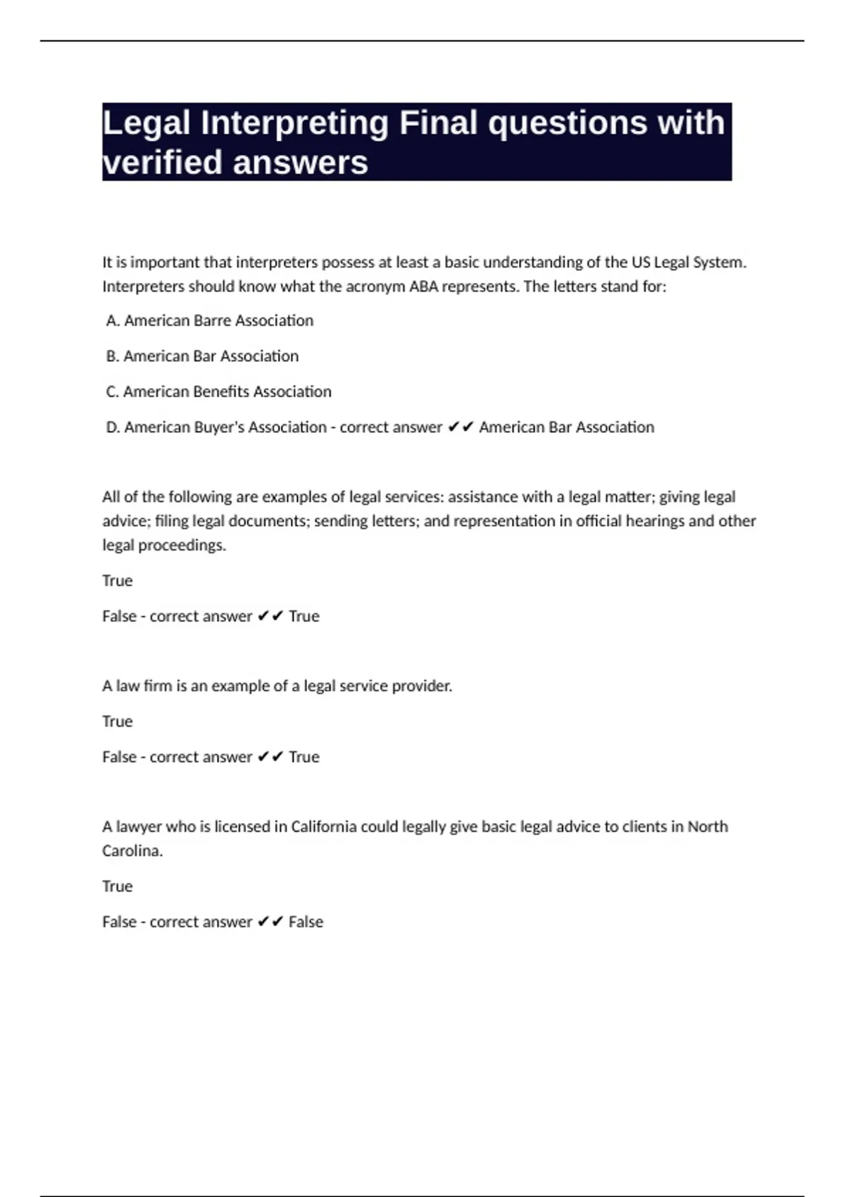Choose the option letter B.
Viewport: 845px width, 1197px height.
point(111,356)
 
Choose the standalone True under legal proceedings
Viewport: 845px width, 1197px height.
point(117,581)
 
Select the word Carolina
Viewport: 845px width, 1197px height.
point(132,851)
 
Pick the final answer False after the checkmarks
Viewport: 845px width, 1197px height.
point(306,922)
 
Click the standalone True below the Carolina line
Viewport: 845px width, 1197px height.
point(117,886)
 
